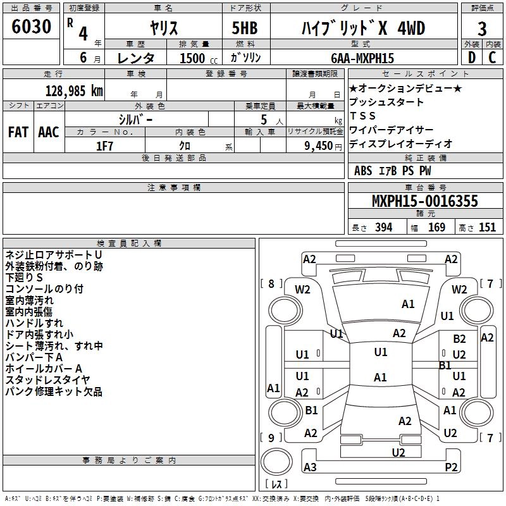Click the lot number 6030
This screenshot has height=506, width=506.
coord(32,28)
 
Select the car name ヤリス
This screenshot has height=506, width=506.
coord(164,28)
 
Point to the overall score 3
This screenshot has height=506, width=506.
coord(482,29)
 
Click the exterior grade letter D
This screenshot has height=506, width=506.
coord(471,58)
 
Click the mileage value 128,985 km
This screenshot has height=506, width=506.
coord(74,90)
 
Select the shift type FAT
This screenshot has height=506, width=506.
coord(18,132)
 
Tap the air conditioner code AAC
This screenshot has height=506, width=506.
coord(48,132)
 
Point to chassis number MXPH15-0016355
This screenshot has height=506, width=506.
coord(424,202)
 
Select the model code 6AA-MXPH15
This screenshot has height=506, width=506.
coord(362,58)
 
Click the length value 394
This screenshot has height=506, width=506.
coord(383,228)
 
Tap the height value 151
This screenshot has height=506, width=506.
coord(487,228)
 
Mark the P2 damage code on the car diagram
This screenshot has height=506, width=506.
coord(451,467)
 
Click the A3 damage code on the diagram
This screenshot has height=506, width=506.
coord(310,467)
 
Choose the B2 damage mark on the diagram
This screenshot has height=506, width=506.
coord(459,340)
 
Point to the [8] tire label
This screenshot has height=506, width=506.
coord(271,283)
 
